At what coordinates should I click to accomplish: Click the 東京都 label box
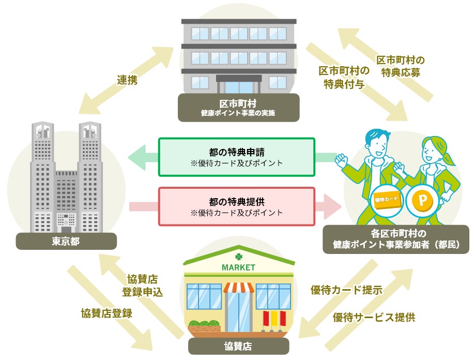(x=66, y=241)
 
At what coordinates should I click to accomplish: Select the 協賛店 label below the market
(x=238, y=345)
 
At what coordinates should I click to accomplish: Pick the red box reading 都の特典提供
(x=236, y=206)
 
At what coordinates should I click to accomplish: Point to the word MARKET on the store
(x=238, y=267)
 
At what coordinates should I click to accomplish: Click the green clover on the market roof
(x=238, y=256)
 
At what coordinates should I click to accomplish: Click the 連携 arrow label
(x=127, y=80)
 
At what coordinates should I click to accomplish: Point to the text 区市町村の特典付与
(x=344, y=77)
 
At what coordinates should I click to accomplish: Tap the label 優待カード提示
(x=346, y=290)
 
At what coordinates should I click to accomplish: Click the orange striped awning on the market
(x=238, y=287)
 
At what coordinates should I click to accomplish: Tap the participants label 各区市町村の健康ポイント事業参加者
(x=396, y=239)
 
